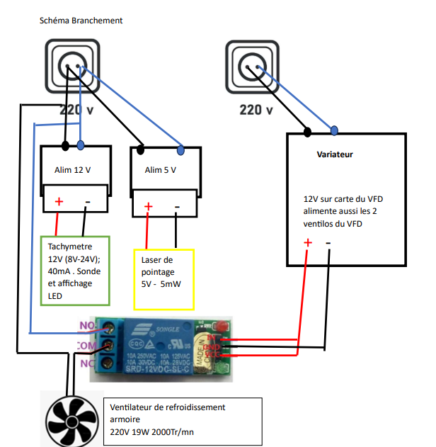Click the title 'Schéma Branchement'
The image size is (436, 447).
(81, 21)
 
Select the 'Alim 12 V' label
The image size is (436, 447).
(73, 169)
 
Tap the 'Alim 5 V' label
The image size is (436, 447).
(161, 170)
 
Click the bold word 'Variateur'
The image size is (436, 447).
(335, 154)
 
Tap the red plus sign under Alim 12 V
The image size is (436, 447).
(59, 203)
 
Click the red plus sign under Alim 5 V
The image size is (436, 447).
(149, 207)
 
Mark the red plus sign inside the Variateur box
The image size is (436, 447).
(308, 243)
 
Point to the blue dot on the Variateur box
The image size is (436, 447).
(334, 129)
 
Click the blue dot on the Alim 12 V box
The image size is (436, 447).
(81, 146)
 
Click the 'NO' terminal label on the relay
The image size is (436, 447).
(86, 327)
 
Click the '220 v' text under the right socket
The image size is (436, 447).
(256, 110)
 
